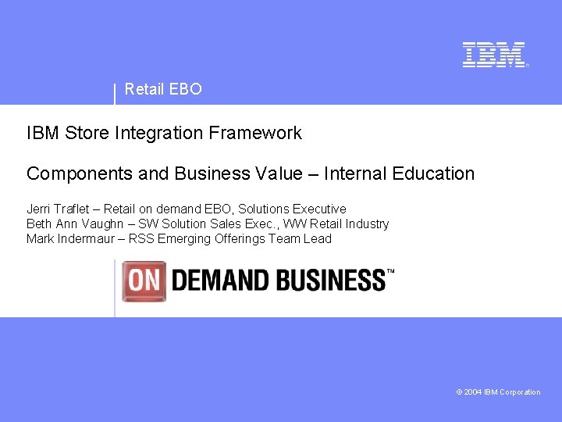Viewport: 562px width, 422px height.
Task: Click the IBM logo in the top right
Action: click(494, 55)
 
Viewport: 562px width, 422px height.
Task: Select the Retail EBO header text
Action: click(163, 89)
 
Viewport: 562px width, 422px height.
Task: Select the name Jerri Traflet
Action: click(59, 209)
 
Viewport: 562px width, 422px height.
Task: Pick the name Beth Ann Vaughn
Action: click(74, 224)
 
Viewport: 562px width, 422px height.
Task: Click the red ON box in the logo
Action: click(144, 281)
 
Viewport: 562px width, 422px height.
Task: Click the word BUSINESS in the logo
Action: click(328, 281)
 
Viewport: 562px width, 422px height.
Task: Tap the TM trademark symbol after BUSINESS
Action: click(390, 271)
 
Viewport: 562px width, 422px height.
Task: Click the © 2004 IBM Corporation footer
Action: click(498, 392)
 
